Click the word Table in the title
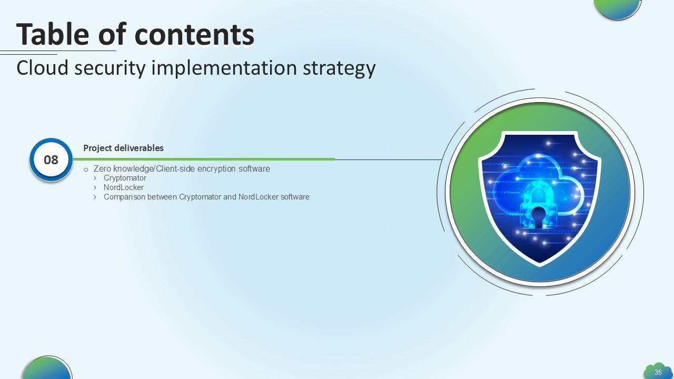(x=53, y=34)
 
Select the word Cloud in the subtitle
(x=43, y=68)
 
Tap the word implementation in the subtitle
(x=224, y=69)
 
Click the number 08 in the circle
(x=51, y=160)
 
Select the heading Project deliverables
(x=123, y=148)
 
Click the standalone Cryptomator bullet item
(x=125, y=178)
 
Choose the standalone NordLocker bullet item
(x=124, y=187)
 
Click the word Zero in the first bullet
(x=102, y=169)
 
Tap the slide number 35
(x=658, y=372)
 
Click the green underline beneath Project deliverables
(x=204, y=159)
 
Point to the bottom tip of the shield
(x=539, y=266)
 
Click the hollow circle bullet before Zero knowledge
(x=86, y=169)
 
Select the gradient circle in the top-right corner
(x=618, y=7)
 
